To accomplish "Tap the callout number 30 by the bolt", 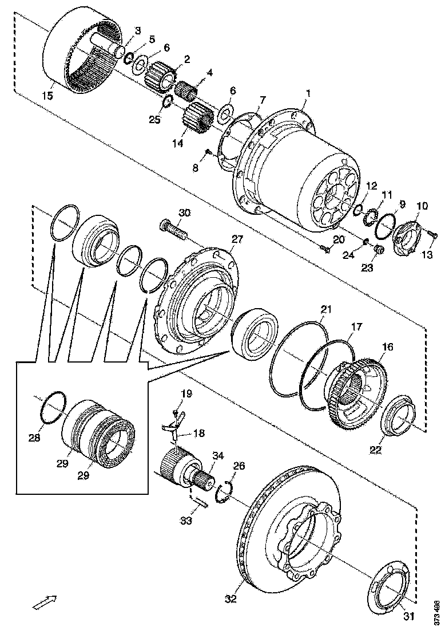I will pos(184,213).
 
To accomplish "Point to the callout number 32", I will pos(231,600).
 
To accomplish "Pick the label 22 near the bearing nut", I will pos(375,450).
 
